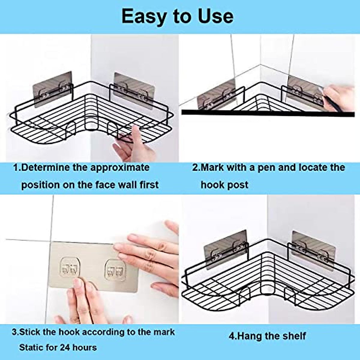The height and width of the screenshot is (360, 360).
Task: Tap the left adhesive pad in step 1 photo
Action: (52, 89)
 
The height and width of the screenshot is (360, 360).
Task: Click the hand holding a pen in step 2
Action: (340, 96)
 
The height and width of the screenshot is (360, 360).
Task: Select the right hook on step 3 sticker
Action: (115, 268)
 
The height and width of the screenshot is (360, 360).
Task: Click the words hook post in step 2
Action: (224, 185)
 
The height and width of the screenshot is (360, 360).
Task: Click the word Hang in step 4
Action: (248, 336)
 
